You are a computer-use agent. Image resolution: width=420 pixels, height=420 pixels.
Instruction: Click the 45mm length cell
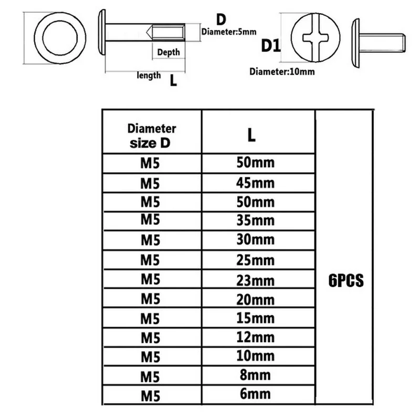tap(255, 183)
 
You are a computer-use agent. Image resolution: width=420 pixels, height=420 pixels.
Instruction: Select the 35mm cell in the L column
tap(255, 220)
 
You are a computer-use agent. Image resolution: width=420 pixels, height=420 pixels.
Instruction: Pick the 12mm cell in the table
tap(255, 337)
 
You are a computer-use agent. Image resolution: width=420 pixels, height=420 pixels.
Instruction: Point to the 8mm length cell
tap(255, 375)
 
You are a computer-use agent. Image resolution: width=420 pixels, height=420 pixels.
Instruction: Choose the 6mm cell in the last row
tap(255, 394)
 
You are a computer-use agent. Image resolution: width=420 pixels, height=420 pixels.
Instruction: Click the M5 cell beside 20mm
tap(151, 299)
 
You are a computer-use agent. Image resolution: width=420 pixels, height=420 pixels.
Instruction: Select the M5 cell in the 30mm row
tap(151, 240)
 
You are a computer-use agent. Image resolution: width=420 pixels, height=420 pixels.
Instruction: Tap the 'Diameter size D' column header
tap(151, 136)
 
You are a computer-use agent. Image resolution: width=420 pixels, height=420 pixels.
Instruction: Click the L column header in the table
tap(251, 135)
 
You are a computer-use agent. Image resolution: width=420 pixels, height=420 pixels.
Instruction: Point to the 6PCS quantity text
tap(346, 281)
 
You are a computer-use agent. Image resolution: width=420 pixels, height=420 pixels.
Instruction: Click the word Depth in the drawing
tap(169, 52)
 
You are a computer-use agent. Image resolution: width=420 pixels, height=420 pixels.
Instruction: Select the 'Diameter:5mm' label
tap(229, 32)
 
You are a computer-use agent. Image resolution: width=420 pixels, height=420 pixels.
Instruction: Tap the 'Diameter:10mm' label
tap(282, 72)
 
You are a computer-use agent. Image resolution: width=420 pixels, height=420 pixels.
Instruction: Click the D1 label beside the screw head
tap(271, 46)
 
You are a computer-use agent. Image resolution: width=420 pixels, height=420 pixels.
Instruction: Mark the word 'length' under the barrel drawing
tap(149, 75)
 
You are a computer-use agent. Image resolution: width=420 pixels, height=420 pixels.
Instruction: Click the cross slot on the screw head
tap(316, 38)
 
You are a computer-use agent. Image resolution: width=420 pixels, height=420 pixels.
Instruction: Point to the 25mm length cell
tap(255, 260)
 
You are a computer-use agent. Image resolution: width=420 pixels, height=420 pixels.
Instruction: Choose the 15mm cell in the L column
tap(255, 318)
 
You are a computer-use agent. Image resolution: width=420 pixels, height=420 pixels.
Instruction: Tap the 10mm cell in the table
tap(255, 356)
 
